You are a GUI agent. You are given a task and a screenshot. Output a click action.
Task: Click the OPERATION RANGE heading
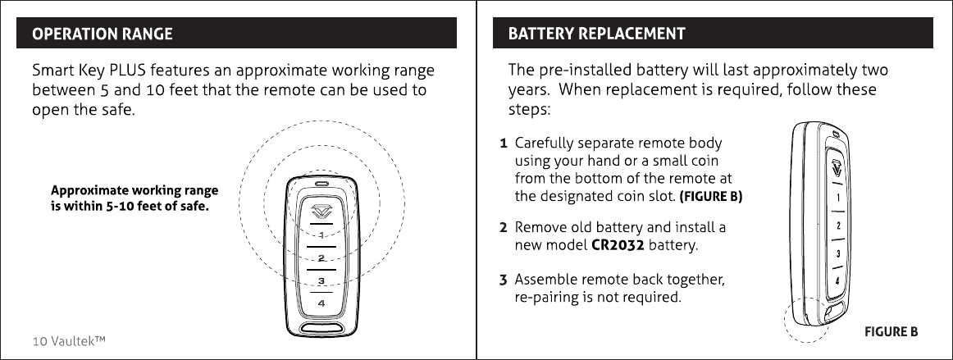click(103, 34)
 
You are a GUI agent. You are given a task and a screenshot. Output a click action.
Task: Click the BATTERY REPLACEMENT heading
click(597, 34)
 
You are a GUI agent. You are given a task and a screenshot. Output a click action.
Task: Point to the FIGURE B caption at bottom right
click(891, 332)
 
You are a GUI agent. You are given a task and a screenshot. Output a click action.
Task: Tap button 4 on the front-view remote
click(321, 303)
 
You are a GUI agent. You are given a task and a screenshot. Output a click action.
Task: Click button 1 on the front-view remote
click(321, 236)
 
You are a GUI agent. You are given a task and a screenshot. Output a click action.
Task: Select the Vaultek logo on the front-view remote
click(321, 208)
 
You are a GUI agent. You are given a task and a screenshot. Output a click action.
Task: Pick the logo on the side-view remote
click(836, 168)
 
